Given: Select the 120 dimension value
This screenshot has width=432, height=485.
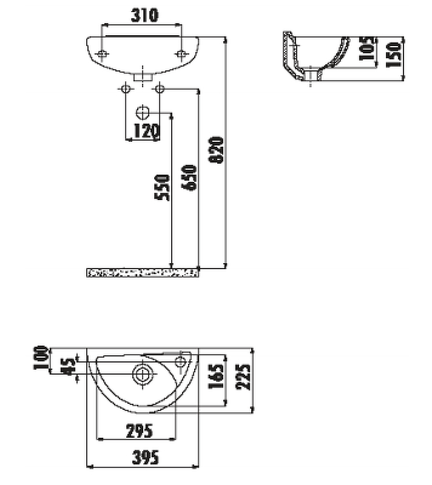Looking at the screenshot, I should pyautogui.click(x=146, y=130).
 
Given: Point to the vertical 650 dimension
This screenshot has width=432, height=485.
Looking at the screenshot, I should pyautogui.click(x=190, y=178).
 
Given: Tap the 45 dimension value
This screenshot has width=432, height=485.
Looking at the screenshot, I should pyautogui.click(x=68, y=366).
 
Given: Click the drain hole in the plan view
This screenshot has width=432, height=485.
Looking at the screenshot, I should pyautogui.click(x=143, y=374).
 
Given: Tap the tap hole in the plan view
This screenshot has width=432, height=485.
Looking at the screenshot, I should pyautogui.click(x=180, y=363).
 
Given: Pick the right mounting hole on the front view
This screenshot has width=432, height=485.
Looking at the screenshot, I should pyautogui.click(x=180, y=54).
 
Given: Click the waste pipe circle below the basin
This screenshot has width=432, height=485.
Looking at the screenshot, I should pyautogui.click(x=143, y=112).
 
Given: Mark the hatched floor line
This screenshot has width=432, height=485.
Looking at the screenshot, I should pyautogui.click(x=143, y=273).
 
